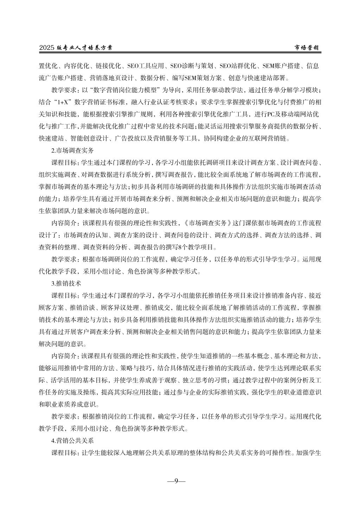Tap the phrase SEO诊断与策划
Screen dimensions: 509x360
tap(192, 66)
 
